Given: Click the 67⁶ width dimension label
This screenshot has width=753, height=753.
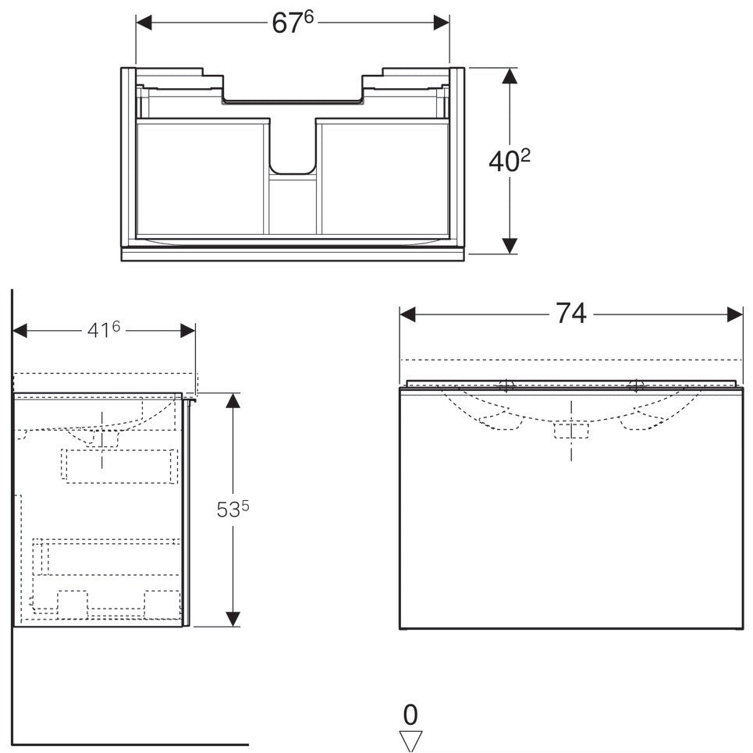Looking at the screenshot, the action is (293, 23).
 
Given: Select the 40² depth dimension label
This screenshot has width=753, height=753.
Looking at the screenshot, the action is (510, 161).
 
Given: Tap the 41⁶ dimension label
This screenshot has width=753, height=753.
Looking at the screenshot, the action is (104, 330).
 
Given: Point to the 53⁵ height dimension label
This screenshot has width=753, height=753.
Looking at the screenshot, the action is (233, 510).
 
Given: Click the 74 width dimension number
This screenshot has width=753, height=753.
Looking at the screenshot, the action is (571, 314).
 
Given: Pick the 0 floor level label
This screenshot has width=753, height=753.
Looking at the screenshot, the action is (410, 715).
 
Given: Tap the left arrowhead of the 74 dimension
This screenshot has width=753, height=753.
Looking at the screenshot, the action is (407, 315).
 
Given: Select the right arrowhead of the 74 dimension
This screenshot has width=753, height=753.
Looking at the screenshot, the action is (735, 315).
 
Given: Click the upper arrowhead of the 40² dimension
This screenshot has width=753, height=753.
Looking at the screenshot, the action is (510, 76).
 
